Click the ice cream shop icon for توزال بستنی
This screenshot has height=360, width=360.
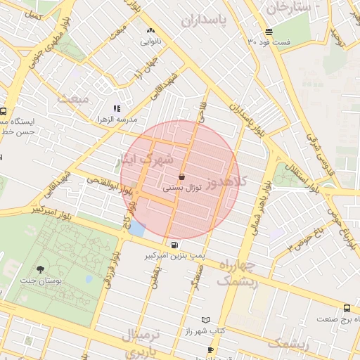click(183, 176)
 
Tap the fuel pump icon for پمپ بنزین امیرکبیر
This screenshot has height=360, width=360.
click(174, 245)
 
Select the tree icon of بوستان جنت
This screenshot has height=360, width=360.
click(39, 269)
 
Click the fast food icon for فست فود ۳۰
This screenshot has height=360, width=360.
click(269, 32)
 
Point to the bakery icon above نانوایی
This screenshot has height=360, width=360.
click(150, 31)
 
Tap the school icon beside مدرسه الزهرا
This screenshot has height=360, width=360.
click(117, 108)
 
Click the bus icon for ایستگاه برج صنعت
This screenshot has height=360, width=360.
click(347, 308)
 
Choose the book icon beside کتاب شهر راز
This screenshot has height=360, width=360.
click(205, 320)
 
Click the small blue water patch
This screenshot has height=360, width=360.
click(136, 228)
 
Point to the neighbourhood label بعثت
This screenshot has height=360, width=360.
click(74, 98)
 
